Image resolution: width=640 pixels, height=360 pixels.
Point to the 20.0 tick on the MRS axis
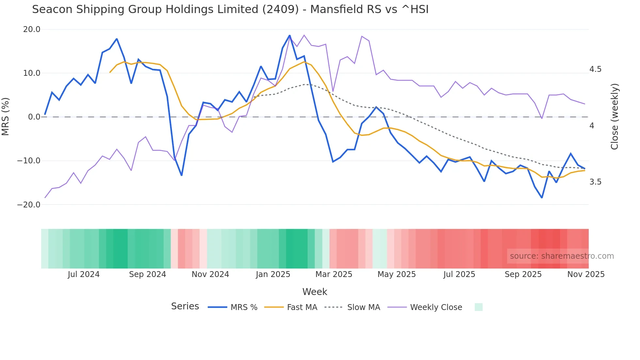32,29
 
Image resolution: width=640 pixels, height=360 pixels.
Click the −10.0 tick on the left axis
29,161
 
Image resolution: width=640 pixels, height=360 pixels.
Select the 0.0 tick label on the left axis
34,117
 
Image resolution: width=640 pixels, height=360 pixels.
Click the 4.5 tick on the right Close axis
595,69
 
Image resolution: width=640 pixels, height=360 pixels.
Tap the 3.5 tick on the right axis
595,182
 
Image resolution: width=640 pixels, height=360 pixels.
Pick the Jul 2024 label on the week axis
84,274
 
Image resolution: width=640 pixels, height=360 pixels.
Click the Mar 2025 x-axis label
334,274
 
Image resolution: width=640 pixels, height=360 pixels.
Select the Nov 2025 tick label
586,274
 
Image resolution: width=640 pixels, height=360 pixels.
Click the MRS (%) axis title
6,117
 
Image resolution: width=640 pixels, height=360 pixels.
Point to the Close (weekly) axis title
615,117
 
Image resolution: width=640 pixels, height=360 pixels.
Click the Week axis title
314,292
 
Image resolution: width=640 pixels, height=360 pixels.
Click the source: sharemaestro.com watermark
562,256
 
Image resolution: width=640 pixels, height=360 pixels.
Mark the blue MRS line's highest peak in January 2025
290,35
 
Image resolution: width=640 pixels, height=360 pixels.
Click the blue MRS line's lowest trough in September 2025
542,198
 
